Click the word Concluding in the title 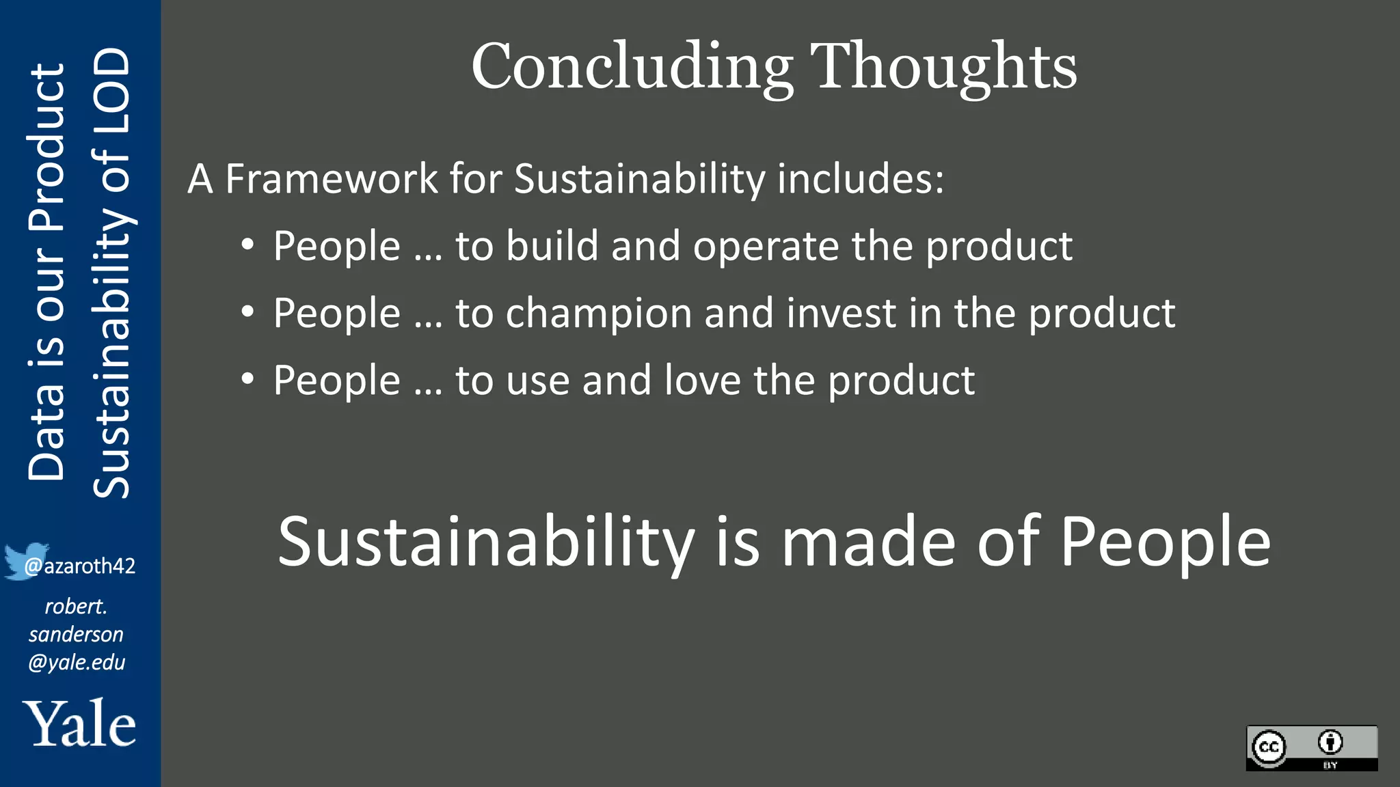point(632,67)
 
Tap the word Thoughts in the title point(943,67)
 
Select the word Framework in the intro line point(332,179)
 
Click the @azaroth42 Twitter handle point(81,566)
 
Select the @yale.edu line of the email point(77,663)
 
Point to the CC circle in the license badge point(1269,747)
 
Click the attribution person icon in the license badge point(1330,742)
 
